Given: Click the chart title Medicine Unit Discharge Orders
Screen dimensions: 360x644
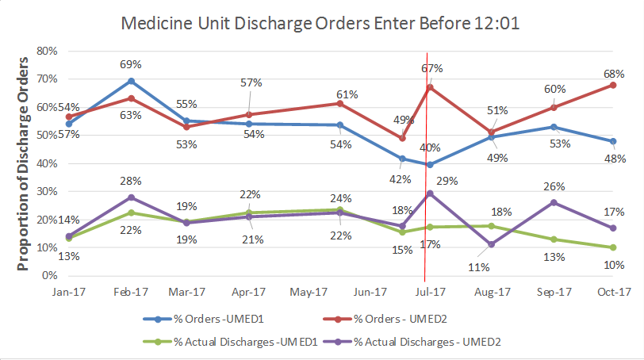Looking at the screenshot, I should [x=320, y=23].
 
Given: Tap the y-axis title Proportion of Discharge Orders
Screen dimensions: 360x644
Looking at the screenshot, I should [x=23, y=163].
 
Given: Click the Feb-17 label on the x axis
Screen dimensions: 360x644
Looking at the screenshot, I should [x=130, y=292].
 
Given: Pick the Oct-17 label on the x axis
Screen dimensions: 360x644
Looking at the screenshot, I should [x=613, y=292].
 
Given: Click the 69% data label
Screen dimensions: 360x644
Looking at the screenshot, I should [x=131, y=63].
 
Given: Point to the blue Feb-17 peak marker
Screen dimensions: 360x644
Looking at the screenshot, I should [x=131, y=81].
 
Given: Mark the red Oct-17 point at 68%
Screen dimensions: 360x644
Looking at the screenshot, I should [x=613, y=85].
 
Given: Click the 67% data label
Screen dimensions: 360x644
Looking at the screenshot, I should [x=432, y=68].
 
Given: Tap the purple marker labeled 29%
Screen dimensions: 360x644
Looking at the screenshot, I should [x=430, y=193].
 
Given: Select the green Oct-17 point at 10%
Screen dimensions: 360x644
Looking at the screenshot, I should [x=613, y=247].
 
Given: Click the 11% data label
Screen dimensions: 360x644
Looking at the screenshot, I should [x=478, y=266].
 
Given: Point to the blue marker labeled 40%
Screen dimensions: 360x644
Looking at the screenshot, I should [x=430, y=164].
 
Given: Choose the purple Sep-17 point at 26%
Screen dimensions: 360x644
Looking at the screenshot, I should [x=553, y=202].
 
